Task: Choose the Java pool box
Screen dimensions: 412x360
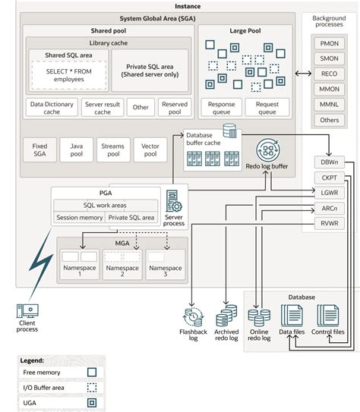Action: [x=76, y=149]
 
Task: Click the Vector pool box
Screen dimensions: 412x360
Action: [x=150, y=149]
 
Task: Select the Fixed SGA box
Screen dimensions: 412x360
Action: [x=39, y=149]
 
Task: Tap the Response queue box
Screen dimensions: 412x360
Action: [x=221, y=107]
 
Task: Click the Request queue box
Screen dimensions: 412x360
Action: [x=266, y=107]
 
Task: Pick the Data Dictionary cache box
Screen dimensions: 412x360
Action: [x=51, y=108]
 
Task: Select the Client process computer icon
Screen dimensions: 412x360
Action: [x=26, y=312]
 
